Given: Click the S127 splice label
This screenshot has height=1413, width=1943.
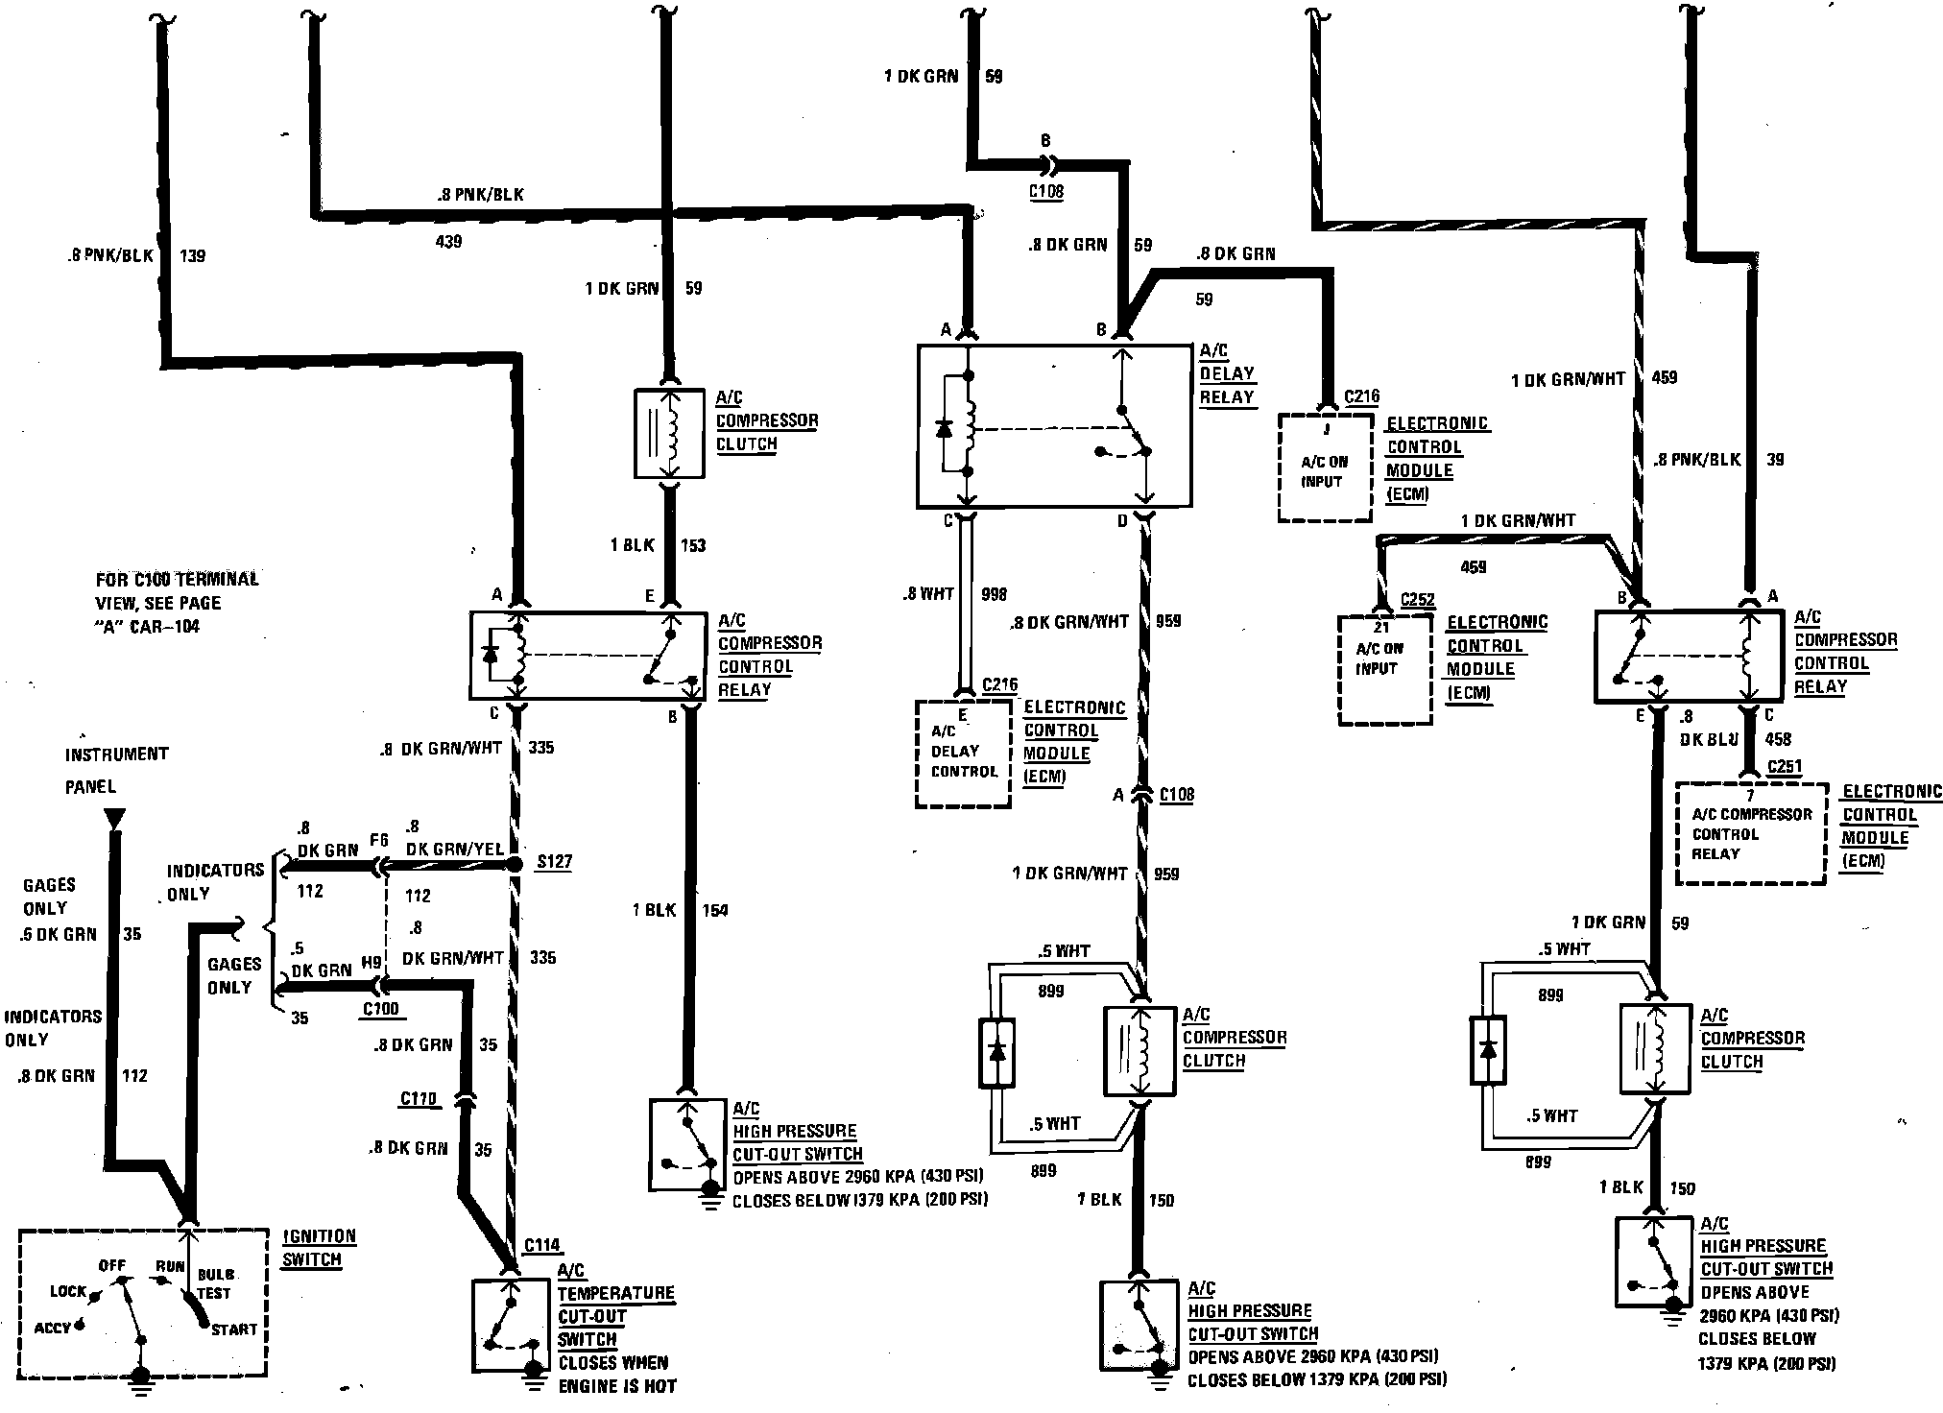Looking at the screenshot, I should [554, 861].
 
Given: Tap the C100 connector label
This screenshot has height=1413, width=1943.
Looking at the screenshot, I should [381, 1009].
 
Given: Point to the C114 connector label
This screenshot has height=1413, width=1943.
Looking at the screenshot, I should [542, 1245].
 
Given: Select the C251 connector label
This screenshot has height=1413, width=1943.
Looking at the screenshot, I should [1785, 767].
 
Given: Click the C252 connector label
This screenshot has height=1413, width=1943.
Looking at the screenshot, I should [1418, 600].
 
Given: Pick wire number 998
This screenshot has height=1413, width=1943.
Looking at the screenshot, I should [995, 594].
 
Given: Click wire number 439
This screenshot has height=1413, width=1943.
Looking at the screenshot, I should [448, 241].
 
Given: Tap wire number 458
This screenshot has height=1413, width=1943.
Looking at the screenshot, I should [1778, 739].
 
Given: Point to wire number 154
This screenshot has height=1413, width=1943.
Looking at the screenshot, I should [714, 910].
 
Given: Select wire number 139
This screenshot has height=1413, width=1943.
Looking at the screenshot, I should [192, 256].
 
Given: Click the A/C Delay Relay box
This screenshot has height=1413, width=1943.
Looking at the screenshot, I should [1054, 425].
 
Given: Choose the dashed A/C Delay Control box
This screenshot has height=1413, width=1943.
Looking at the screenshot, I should [963, 753].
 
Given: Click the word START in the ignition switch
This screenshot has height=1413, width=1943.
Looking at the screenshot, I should [234, 1329].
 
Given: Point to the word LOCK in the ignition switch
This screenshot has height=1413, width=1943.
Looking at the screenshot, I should [68, 1291].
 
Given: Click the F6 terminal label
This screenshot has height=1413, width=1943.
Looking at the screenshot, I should [379, 841].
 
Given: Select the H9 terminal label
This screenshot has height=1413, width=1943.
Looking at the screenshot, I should [372, 961].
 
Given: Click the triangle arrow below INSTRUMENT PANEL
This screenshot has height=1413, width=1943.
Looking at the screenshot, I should [114, 819].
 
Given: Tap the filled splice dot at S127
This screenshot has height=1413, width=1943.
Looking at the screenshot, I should [515, 865].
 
